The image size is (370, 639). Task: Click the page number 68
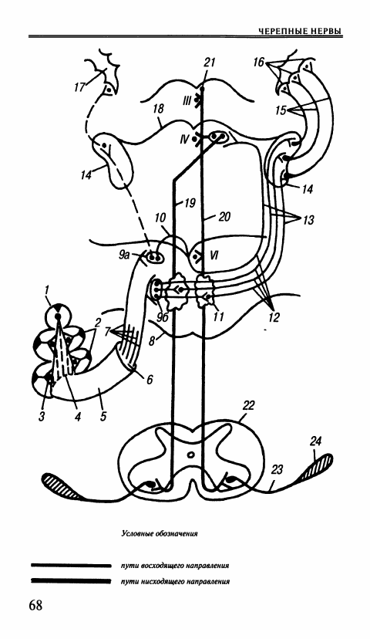(x=35, y=605)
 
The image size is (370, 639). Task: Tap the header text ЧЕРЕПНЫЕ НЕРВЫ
(x=301, y=32)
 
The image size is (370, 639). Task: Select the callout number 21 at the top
(x=210, y=63)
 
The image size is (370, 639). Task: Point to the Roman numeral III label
(x=187, y=100)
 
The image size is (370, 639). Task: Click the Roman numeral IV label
(x=184, y=140)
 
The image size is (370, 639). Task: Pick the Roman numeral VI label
(x=214, y=255)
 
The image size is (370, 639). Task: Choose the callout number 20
(x=224, y=216)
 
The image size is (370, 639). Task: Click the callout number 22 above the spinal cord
(x=248, y=405)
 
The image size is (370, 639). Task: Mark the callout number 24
(x=315, y=441)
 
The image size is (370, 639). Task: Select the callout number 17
(x=79, y=87)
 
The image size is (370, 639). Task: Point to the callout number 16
(x=258, y=62)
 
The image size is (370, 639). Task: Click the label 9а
(x=125, y=255)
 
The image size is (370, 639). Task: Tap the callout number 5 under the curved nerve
(x=103, y=417)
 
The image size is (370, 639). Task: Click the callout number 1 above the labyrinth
(x=47, y=289)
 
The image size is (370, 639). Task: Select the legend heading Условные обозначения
(x=160, y=533)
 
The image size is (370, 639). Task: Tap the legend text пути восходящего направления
(x=175, y=566)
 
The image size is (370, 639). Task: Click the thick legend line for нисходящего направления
(x=71, y=580)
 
